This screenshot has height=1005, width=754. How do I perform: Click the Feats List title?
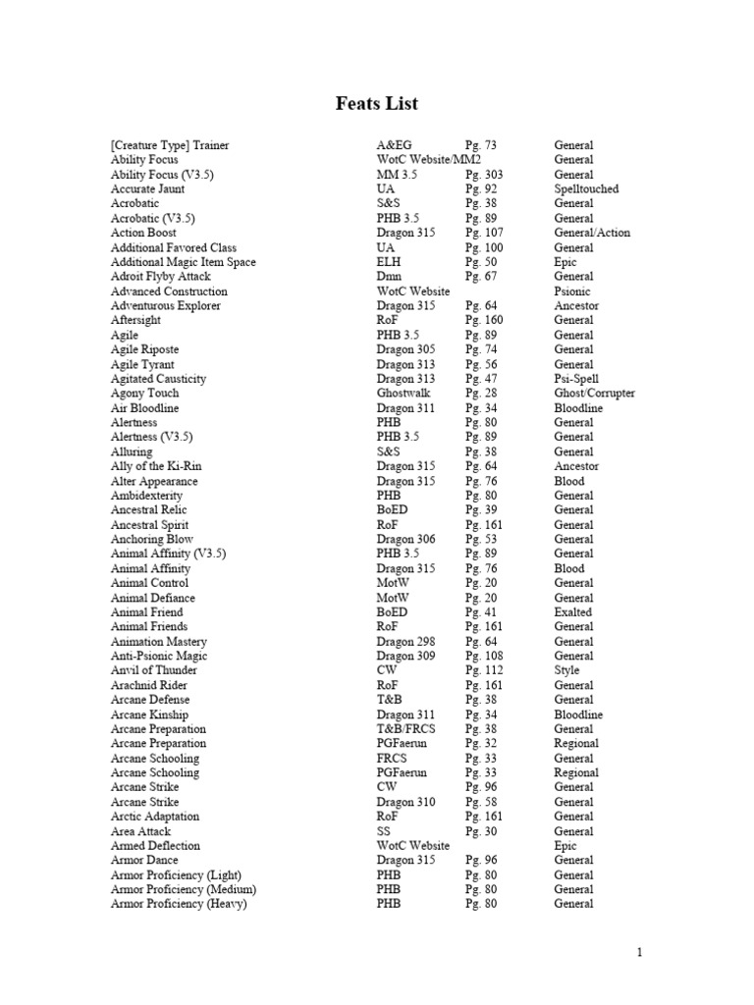[377, 103]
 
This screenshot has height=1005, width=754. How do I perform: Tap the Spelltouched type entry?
[586, 188]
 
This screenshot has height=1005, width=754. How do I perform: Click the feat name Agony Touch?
[145, 393]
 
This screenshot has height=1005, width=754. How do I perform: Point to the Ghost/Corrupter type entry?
[594, 393]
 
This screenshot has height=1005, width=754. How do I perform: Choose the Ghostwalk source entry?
[402, 393]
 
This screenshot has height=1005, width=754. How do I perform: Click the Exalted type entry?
[573, 611]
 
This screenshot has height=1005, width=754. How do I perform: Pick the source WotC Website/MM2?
[429, 159]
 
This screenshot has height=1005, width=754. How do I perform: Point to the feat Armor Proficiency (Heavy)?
[179, 904]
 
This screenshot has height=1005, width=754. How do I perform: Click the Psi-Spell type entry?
[576, 378]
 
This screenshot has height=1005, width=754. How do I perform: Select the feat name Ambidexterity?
[146, 496]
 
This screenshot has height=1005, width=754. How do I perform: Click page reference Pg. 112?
[484, 670]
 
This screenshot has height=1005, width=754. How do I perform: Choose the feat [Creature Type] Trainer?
[170, 145]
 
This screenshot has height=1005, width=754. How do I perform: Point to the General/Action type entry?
[592, 233]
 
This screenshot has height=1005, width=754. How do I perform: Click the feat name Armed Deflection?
[155, 845]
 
